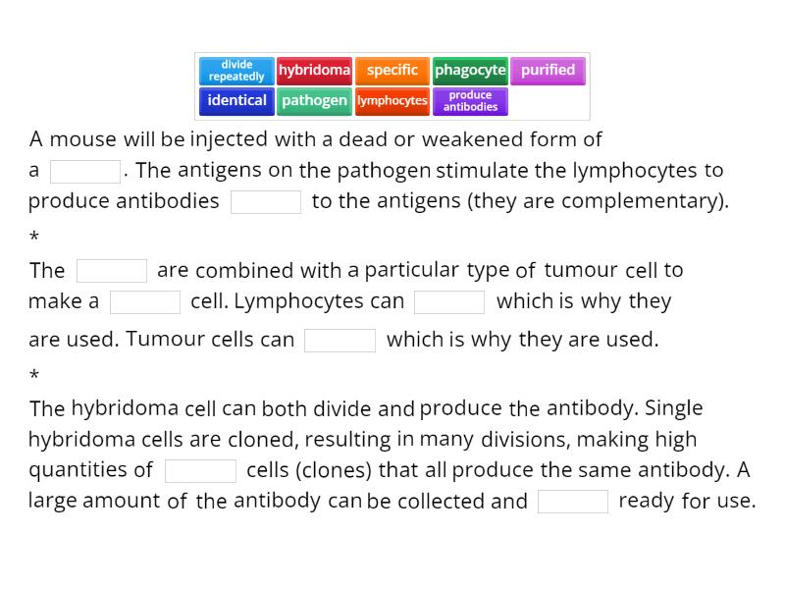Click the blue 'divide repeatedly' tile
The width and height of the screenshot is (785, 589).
(x=236, y=71)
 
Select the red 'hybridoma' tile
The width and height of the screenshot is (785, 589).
(x=314, y=71)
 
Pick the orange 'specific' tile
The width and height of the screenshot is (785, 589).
(x=392, y=71)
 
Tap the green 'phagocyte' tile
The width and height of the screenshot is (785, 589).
(x=470, y=71)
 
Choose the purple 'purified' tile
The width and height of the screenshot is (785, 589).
(x=548, y=71)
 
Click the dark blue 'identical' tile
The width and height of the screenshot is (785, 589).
(x=236, y=101)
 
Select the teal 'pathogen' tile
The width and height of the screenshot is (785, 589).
(x=314, y=101)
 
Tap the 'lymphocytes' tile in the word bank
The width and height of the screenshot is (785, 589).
(x=392, y=101)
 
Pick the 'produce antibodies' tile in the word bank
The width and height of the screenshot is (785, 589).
(x=470, y=101)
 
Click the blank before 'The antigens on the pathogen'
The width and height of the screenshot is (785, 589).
(x=85, y=172)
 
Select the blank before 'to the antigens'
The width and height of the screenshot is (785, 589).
(x=266, y=202)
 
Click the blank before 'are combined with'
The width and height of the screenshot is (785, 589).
(x=112, y=271)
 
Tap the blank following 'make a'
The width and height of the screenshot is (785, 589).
(x=145, y=302)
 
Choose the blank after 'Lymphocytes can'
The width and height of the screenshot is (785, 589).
(x=449, y=302)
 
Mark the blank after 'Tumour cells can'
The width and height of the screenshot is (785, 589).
(x=340, y=341)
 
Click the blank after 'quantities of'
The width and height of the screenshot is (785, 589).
(x=200, y=471)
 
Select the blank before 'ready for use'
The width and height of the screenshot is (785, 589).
(x=573, y=502)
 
